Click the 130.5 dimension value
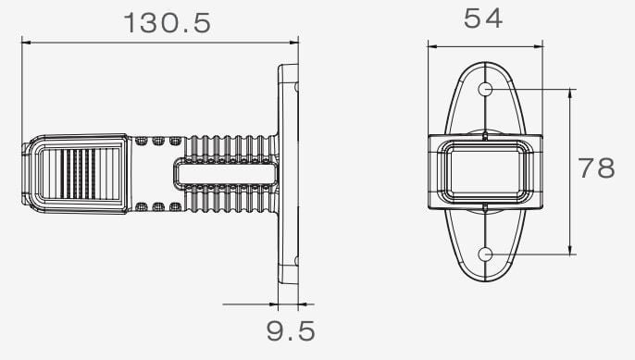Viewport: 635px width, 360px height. pyautogui.click(x=167, y=23)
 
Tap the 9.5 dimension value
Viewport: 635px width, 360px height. pyautogui.click(x=291, y=330)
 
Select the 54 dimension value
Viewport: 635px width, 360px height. pyautogui.click(x=483, y=19)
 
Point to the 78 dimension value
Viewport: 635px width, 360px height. pyautogui.click(x=596, y=168)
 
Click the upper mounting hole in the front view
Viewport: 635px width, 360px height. pyautogui.click(x=485, y=89)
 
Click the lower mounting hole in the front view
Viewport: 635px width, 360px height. pyautogui.click(x=485, y=254)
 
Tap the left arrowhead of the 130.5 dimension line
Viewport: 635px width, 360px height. pyautogui.click(x=26, y=42)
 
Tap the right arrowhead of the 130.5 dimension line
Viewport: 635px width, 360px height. pyautogui.click(x=293, y=42)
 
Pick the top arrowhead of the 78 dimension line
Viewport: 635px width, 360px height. pyautogui.click(x=570, y=94)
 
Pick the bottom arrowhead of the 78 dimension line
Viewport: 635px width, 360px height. pyautogui.click(x=570, y=250)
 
